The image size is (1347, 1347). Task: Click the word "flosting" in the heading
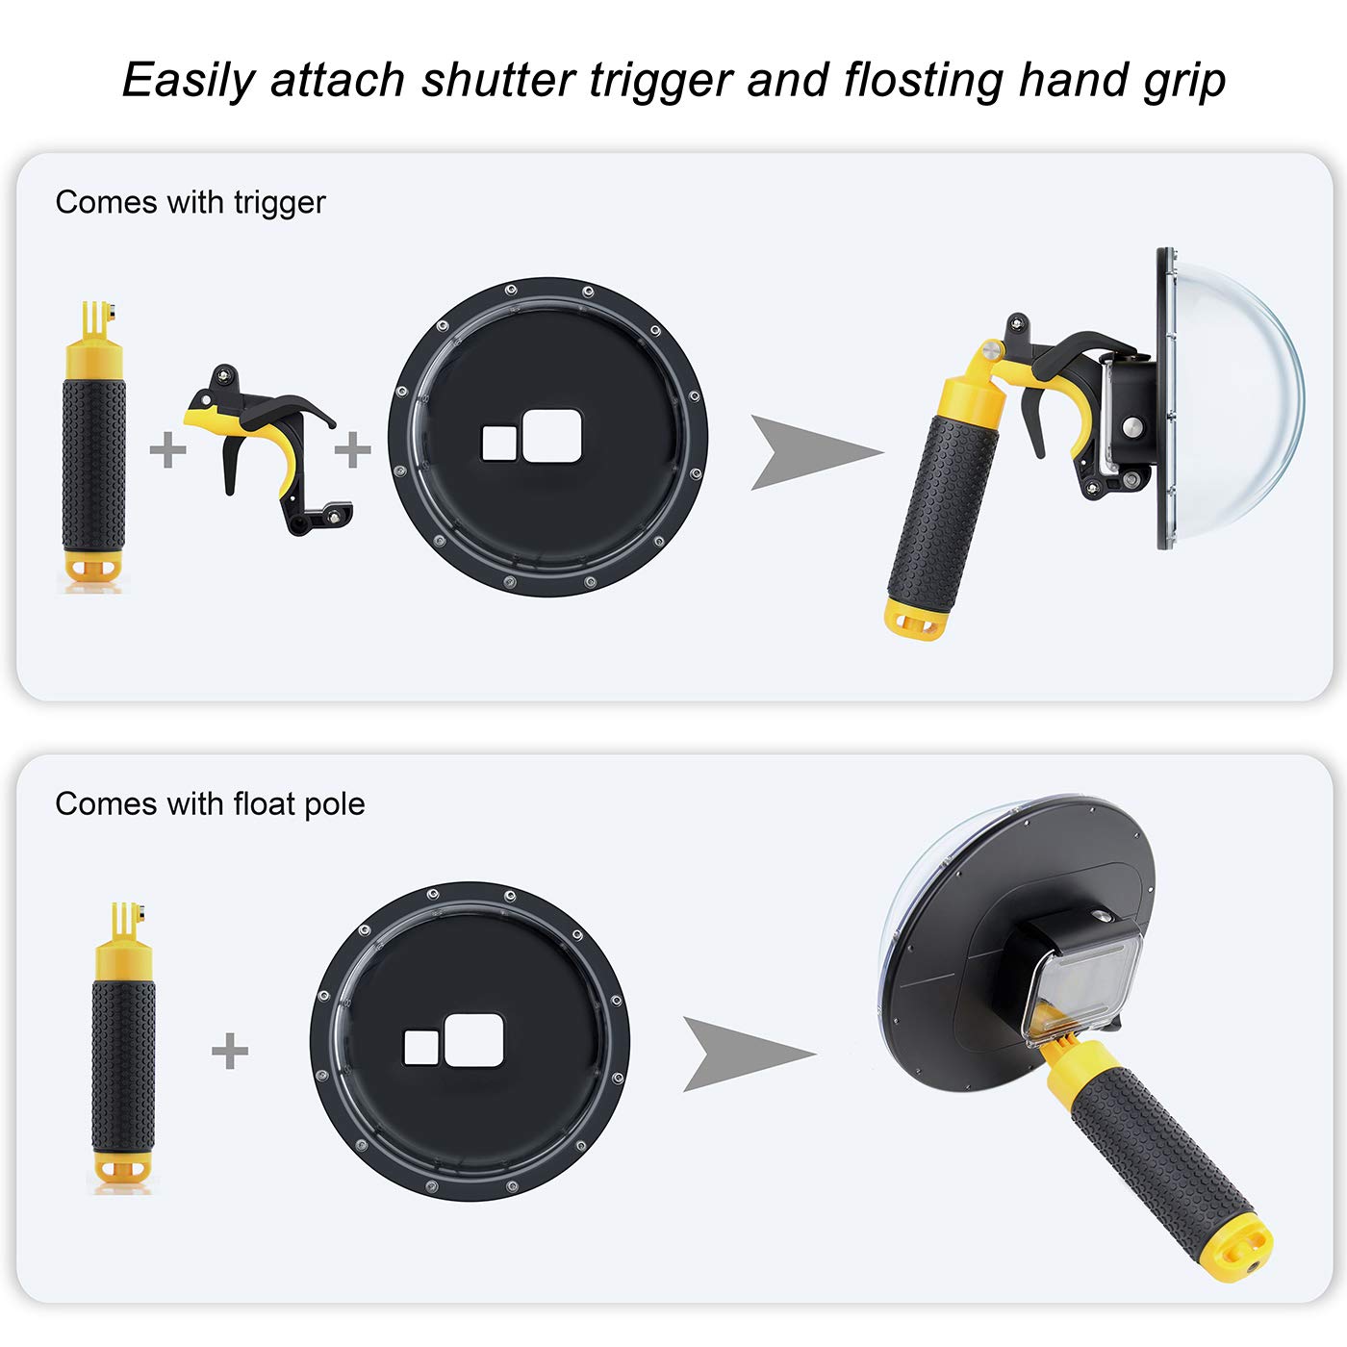[923, 80]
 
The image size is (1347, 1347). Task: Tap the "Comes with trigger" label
[191, 203]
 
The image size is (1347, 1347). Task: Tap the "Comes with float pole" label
[210, 804]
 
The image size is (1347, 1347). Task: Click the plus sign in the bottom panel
[230, 1051]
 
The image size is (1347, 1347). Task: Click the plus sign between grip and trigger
[168, 449]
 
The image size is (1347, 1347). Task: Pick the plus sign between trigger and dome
[353, 449]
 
